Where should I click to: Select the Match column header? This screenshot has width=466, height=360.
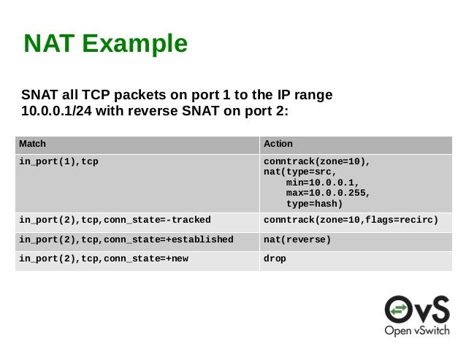[32, 144]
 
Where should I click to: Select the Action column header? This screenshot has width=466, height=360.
[278, 144]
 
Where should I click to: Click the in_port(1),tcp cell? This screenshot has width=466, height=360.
[58, 161]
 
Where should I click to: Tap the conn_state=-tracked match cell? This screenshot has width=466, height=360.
[115, 220]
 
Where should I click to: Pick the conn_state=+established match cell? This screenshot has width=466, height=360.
[126, 240]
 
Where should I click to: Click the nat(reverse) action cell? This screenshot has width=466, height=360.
[297, 240]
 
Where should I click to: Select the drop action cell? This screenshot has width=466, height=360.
[275, 258]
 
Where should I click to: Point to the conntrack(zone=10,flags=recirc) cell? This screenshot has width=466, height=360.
[351, 220]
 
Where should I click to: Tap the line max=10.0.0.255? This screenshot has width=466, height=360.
[328, 194]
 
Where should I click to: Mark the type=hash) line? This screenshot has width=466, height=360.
[314, 204]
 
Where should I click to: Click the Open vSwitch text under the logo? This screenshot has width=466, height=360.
[417, 330]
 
